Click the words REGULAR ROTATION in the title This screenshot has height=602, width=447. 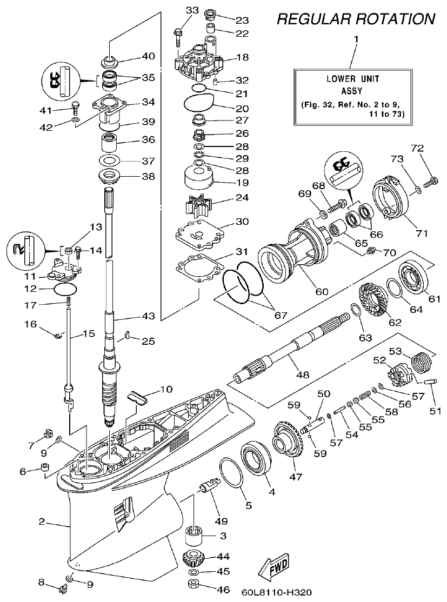356,19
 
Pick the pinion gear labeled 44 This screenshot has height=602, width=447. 194,557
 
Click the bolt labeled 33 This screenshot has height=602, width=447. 178,35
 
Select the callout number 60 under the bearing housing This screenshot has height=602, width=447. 322,291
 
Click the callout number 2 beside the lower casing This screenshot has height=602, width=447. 41,521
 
